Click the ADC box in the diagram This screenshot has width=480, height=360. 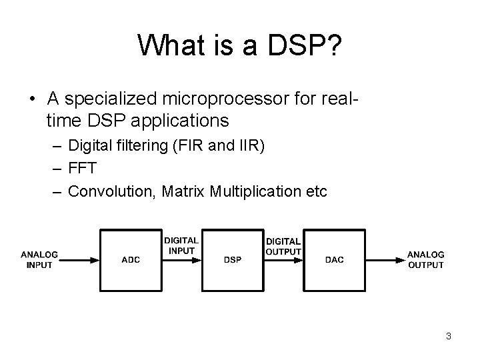(x=131, y=259)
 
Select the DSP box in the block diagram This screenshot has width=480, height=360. (x=233, y=259)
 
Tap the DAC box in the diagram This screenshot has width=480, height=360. (x=334, y=259)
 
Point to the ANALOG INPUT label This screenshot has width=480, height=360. (x=39, y=260)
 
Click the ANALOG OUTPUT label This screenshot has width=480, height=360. (x=426, y=260)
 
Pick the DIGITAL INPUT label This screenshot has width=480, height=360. (x=181, y=245)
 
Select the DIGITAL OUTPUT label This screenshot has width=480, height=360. (x=283, y=246)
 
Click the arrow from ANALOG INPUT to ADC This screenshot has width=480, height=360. (x=80, y=259)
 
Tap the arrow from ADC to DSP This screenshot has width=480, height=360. (x=181, y=259)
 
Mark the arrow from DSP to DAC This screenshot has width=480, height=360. (x=283, y=259)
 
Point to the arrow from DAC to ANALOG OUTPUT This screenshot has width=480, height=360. (x=385, y=259)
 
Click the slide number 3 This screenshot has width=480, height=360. (x=449, y=337)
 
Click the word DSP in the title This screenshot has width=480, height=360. (x=304, y=45)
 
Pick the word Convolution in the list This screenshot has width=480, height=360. (x=105, y=191)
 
